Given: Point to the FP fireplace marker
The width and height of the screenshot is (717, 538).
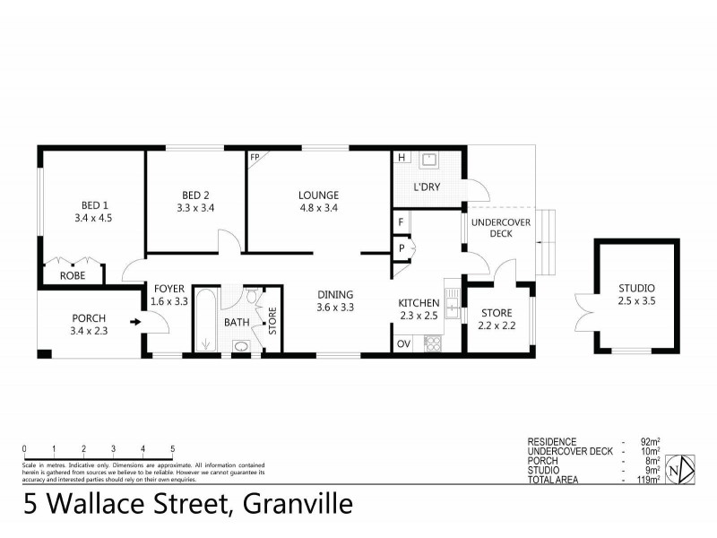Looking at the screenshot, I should tap(255, 156).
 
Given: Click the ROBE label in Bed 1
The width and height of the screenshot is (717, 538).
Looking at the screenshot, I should tap(73, 276).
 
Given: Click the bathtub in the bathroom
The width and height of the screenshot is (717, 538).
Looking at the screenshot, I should tap(205, 322).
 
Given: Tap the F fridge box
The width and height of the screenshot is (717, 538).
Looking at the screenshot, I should tap(401, 220).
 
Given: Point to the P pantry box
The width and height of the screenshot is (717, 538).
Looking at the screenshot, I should tap(401, 248).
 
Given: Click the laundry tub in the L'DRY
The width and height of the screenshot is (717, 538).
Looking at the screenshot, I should tap(429, 161).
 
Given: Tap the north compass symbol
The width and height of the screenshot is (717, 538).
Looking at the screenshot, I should tap(684, 467).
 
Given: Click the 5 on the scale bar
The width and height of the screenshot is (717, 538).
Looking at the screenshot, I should tap(172, 448).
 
